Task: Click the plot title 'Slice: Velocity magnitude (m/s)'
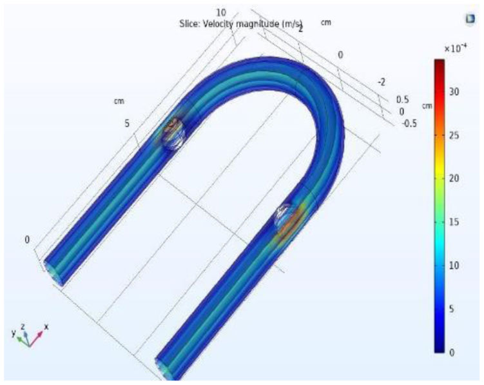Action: (x=241, y=24)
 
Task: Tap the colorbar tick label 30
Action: (x=454, y=92)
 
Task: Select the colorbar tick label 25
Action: (x=454, y=135)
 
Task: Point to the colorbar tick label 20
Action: (x=454, y=178)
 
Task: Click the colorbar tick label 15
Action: (x=454, y=222)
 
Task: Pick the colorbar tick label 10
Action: (x=454, y=266)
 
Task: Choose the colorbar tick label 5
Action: (x=451, y=309)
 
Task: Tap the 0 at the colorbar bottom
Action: (x=451, y=353)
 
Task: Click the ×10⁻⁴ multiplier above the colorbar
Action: (x=455, y=48)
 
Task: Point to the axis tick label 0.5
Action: (x=403, y=99)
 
